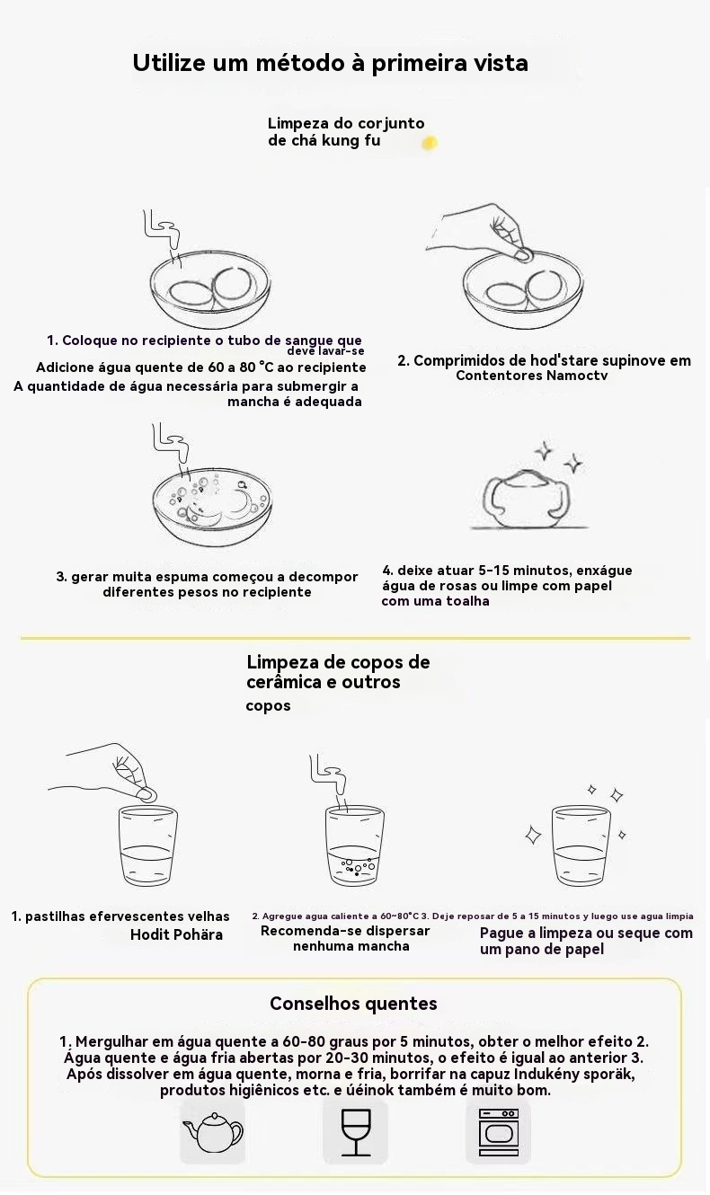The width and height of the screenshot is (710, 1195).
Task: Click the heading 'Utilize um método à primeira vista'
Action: click(x=330, y=63)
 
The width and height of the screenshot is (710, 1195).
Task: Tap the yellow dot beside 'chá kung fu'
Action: click(x=430, y=143)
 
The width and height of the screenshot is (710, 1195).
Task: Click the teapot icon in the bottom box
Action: click(x=212, y=1132)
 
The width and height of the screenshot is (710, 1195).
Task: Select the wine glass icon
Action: click(x=355, y=1133)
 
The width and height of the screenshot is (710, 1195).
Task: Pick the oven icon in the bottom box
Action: click(x=498, y=1131)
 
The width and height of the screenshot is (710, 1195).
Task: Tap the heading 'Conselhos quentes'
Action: click(x=353, y=1004)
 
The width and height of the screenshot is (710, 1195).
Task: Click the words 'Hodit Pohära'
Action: click(x=176, y=934)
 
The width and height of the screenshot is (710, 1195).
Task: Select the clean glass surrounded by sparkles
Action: click(x=581, y=845)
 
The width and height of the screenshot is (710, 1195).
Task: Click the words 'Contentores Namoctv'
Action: click(x=532, y=376)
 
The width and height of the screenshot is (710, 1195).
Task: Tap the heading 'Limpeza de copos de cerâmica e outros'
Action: click(x=338, y=672)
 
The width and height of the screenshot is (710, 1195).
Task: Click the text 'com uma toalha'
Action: click(x=435, y=601)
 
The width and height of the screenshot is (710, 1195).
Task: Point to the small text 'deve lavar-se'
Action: click(x=325, y=351)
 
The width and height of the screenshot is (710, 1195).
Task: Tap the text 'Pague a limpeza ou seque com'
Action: click(x=586, y=933)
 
